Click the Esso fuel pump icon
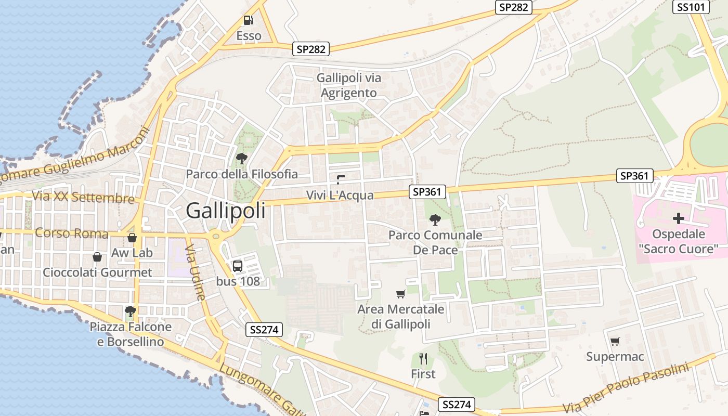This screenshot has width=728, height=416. point(249,20)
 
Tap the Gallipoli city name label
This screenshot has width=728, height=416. point(225,211)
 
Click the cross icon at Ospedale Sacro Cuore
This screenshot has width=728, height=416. point(678,218)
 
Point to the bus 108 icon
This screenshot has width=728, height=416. point(237,266)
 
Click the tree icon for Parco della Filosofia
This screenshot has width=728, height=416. point(241,158)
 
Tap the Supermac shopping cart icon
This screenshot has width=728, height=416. point(615,341)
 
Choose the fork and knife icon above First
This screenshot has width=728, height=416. point(423,358)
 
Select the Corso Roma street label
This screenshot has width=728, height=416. point(72,233)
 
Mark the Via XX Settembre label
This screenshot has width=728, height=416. point(83,197)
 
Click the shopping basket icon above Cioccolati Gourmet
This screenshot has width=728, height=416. point(97,257)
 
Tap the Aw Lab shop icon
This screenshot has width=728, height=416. point(132,238)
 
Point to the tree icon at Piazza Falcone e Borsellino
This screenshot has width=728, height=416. point(131,311)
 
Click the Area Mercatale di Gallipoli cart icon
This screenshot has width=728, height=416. point(400,294)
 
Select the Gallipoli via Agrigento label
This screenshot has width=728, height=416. point(349,85)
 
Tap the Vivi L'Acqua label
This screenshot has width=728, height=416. point(340,195)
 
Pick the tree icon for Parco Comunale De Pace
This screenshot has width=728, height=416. point(435,220)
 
